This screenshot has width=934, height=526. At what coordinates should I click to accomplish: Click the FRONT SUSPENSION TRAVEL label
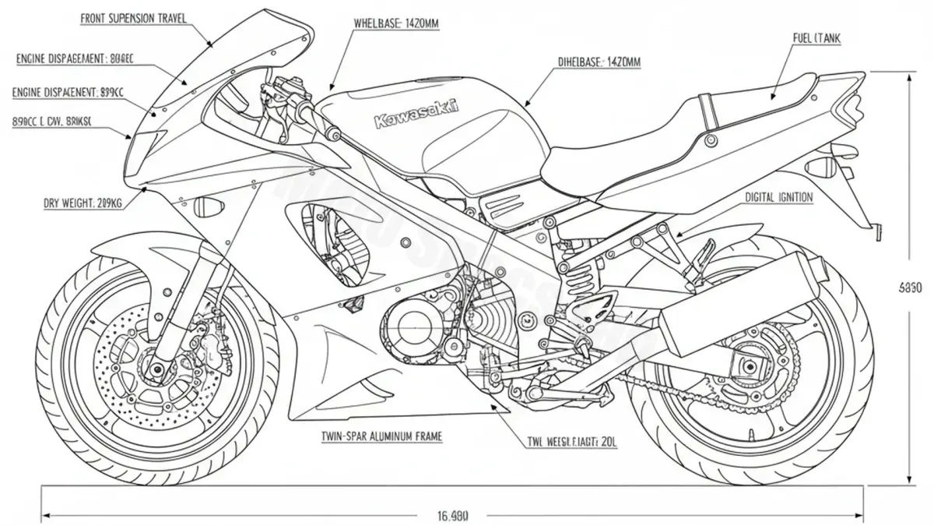click(133, 18)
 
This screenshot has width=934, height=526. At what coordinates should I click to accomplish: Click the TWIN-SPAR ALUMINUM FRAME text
click(381, 437)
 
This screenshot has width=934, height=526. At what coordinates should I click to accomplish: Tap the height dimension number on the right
click(911, 288)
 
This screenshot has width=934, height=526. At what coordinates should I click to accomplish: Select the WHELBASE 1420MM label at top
click(397, 24)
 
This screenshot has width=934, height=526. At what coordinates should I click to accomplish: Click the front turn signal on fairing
click(209, 207)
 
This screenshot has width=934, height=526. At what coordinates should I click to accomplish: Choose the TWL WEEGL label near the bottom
click(572, 441)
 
